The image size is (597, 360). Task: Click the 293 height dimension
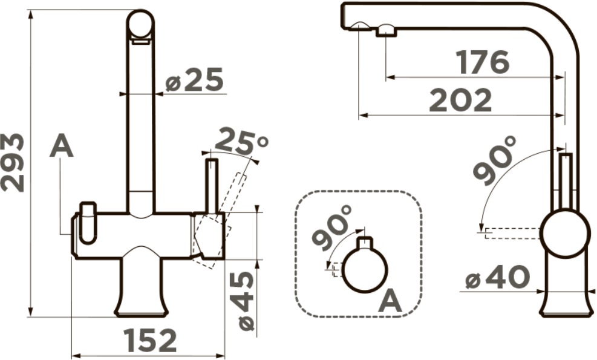point(13,163)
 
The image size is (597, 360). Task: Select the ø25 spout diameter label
point(194,80)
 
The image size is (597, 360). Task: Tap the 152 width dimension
point(151,340)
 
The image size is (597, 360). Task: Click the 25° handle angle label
point(241,141)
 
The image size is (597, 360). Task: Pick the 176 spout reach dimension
point(483,62)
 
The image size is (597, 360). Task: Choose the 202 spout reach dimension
point(460,100)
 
